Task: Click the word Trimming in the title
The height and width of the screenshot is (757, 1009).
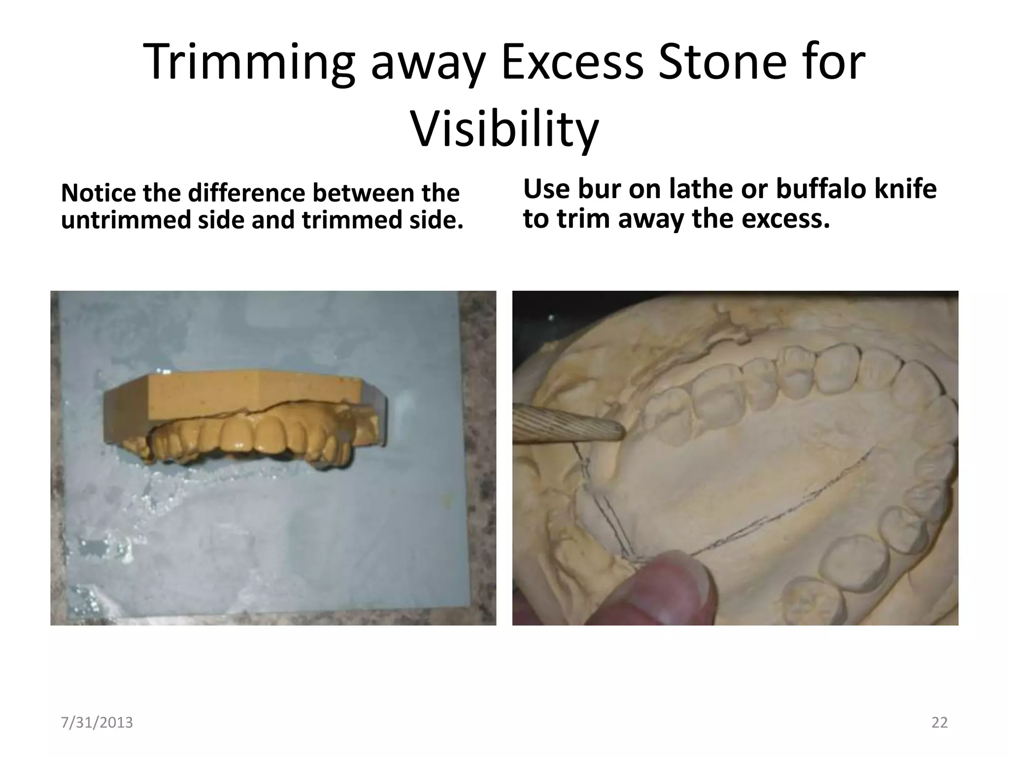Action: coord(249,63)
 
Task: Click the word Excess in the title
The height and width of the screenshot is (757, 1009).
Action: coord(572,63)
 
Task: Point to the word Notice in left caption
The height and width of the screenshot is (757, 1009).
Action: coord(98,193)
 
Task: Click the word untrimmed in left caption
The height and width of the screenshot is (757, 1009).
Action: coord(126,220)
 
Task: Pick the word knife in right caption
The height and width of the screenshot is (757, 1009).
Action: coord(905,189)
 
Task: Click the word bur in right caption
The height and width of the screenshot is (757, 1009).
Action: coord(599,189)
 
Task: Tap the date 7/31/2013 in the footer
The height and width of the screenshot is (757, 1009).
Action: coord(97,723)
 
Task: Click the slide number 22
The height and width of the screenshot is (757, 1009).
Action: coord(939,723)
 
